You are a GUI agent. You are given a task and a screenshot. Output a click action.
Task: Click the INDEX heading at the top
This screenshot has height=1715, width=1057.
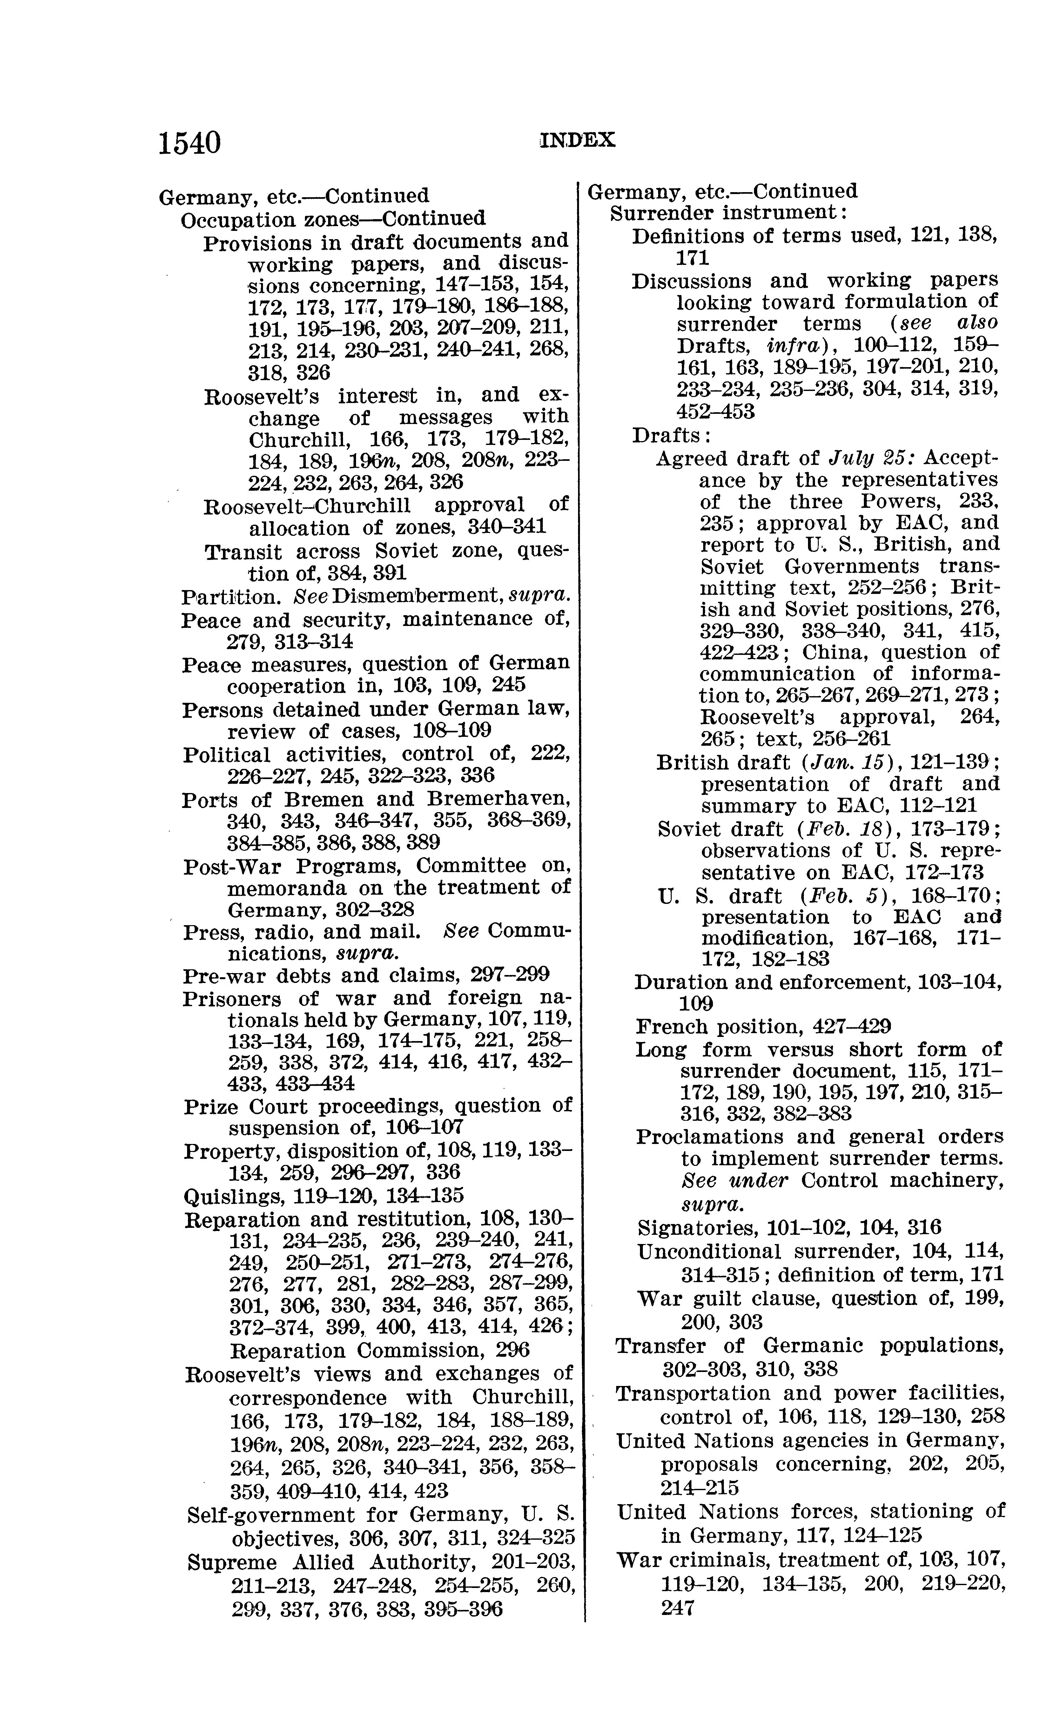click(x=577, y=140)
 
